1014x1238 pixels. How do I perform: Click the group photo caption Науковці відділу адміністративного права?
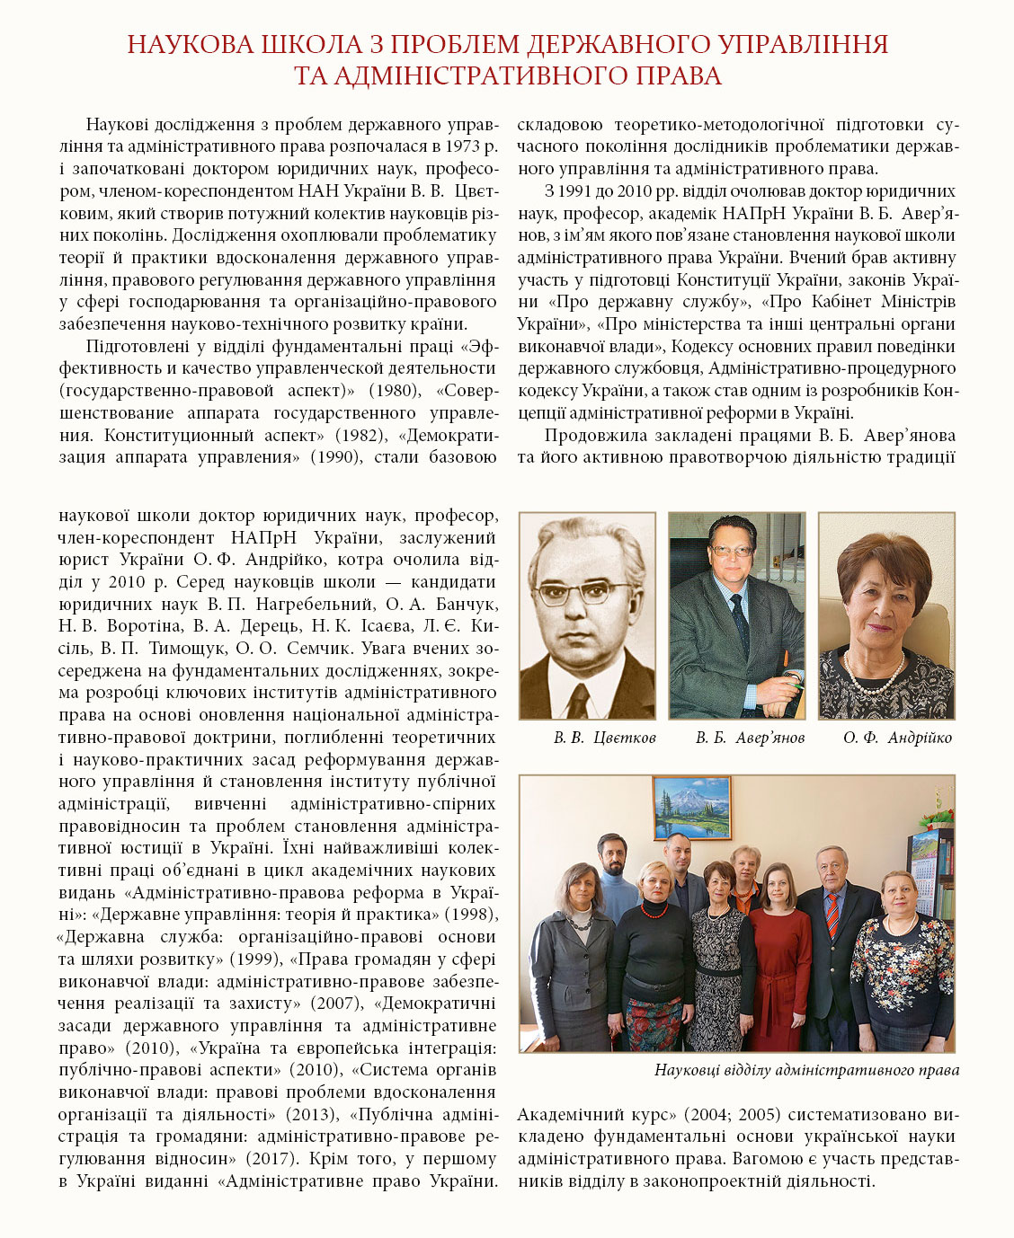[806, 1070]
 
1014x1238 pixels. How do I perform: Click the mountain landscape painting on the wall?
[692, 807]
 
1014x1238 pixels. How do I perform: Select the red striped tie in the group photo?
[832, 910]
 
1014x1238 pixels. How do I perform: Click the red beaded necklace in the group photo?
[653, 909]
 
